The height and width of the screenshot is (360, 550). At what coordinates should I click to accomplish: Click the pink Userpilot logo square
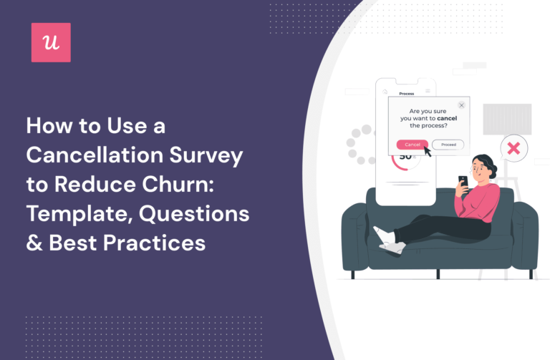(51, 42)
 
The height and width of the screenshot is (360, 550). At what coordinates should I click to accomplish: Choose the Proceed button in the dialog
(448, 145)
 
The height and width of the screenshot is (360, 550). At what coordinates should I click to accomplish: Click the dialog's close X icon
(461, 105)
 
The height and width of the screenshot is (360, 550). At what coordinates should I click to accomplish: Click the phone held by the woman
(463, 181)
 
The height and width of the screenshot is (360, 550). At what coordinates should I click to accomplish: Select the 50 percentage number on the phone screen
(405, 156)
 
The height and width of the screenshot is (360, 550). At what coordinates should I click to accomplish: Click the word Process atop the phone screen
(407, 93)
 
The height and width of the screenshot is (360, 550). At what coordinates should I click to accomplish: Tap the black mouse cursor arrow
(427, 149)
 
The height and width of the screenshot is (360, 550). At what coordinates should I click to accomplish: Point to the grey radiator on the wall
(507, 119)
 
